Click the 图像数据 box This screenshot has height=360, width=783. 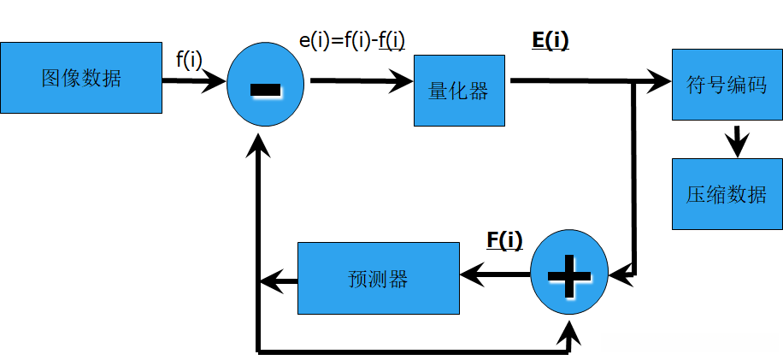tap(81, 78)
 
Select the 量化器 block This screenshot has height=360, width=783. tap(461, 91)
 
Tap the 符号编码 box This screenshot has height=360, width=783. tap(726, 85)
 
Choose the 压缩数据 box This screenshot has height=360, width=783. tap(726, 194)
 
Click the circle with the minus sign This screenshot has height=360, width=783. tap(265, 87)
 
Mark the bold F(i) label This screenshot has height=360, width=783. tap(504, 240)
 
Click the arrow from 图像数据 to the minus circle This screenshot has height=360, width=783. tap(194, 81)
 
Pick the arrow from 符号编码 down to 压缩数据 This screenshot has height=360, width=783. tap(736, 139)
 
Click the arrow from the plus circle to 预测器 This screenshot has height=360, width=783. tap(496, 274)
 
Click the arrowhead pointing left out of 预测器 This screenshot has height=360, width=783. tap(271, 280)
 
